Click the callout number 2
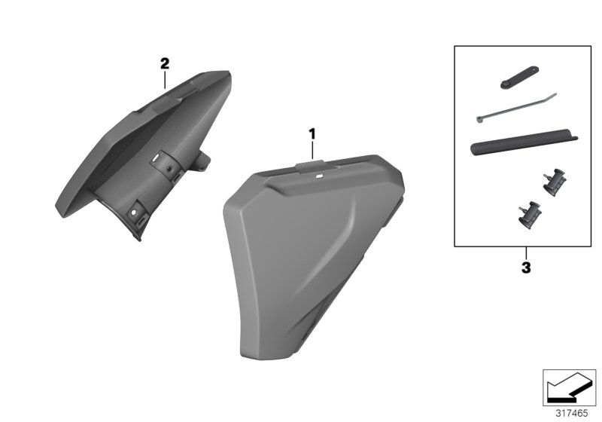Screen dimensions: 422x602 (165, 64)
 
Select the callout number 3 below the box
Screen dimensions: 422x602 (526, 267)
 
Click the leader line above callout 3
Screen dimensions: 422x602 (526, 253)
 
